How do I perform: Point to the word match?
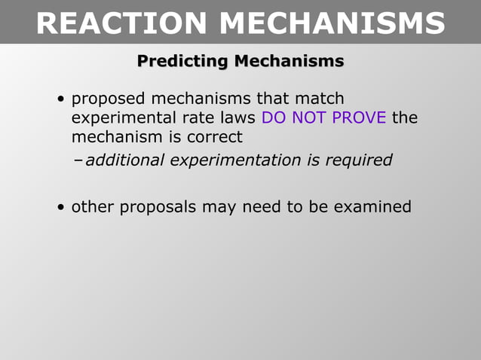[320, 99]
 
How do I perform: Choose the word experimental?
[122, 119]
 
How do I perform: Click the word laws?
[236, 118]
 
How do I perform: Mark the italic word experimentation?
[231, 160]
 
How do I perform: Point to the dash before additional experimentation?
[79, 160]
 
